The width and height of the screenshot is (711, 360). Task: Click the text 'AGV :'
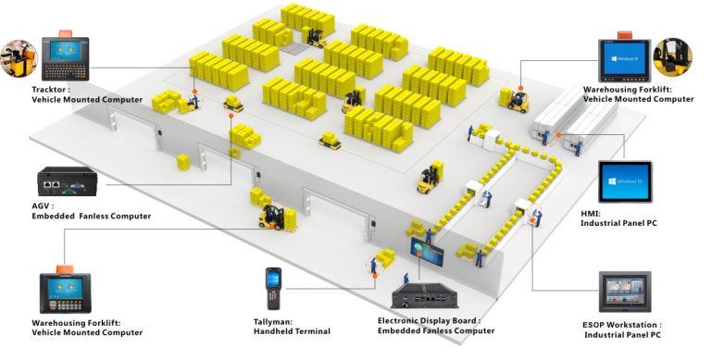(44, 206)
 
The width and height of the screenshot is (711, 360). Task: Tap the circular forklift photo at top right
(673, 56)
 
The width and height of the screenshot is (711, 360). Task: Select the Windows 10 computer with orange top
(626, 56)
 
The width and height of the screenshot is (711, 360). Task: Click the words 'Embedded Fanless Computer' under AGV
(91, 217)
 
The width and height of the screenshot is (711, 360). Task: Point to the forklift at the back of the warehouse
(316, 36)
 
